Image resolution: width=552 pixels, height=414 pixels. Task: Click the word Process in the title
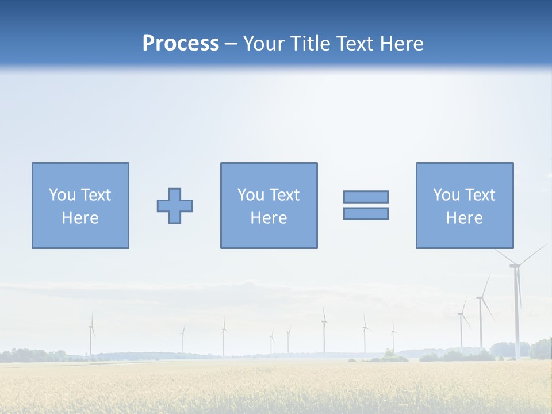[181, 44]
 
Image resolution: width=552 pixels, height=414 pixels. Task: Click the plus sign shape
[175, 206]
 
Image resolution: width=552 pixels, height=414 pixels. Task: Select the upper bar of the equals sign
[366, 197]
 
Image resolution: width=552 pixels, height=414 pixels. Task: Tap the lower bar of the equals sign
[366, 214]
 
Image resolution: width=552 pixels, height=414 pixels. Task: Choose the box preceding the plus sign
[80, 205]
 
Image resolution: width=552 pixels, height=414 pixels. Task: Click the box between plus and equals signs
[269, 205]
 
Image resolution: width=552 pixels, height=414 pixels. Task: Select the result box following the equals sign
[465, 205]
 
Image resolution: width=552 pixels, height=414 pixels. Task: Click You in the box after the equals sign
[446, 195]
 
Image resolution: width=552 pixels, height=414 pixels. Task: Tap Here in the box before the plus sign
[80, 218]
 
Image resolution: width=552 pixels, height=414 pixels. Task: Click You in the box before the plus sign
[62, 195]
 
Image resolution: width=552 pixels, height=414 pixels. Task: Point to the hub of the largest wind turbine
[515, 265]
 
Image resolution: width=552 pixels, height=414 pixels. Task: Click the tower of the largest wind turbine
[517, 316]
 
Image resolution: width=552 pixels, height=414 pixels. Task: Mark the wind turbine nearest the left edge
[91, 336]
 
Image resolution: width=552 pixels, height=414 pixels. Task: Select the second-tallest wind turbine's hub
[480, 297]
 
